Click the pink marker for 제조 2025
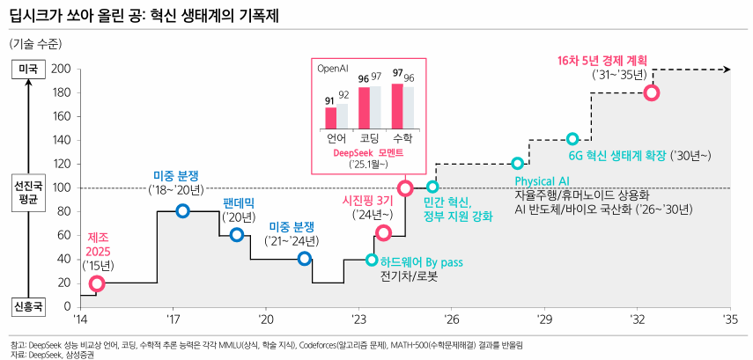tap(97, 283)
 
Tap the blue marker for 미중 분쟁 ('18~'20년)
tap(182, 211)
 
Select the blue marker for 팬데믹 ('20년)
tap(236, 235)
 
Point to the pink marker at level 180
tap(652, 92)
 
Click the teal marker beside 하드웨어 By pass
tap(372, 260)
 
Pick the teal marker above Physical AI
tap(517, 164)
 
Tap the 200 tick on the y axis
tap(61, 69)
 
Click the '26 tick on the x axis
tap(452, 320)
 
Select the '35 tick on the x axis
tap(730, 320)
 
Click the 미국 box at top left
tap(28, 69)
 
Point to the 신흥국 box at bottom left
tap(28, 306)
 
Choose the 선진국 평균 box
tap(28, 193)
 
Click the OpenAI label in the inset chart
tap(334, 67)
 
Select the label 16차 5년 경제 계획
tap(602, 61)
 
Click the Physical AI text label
tap(541, 181)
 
